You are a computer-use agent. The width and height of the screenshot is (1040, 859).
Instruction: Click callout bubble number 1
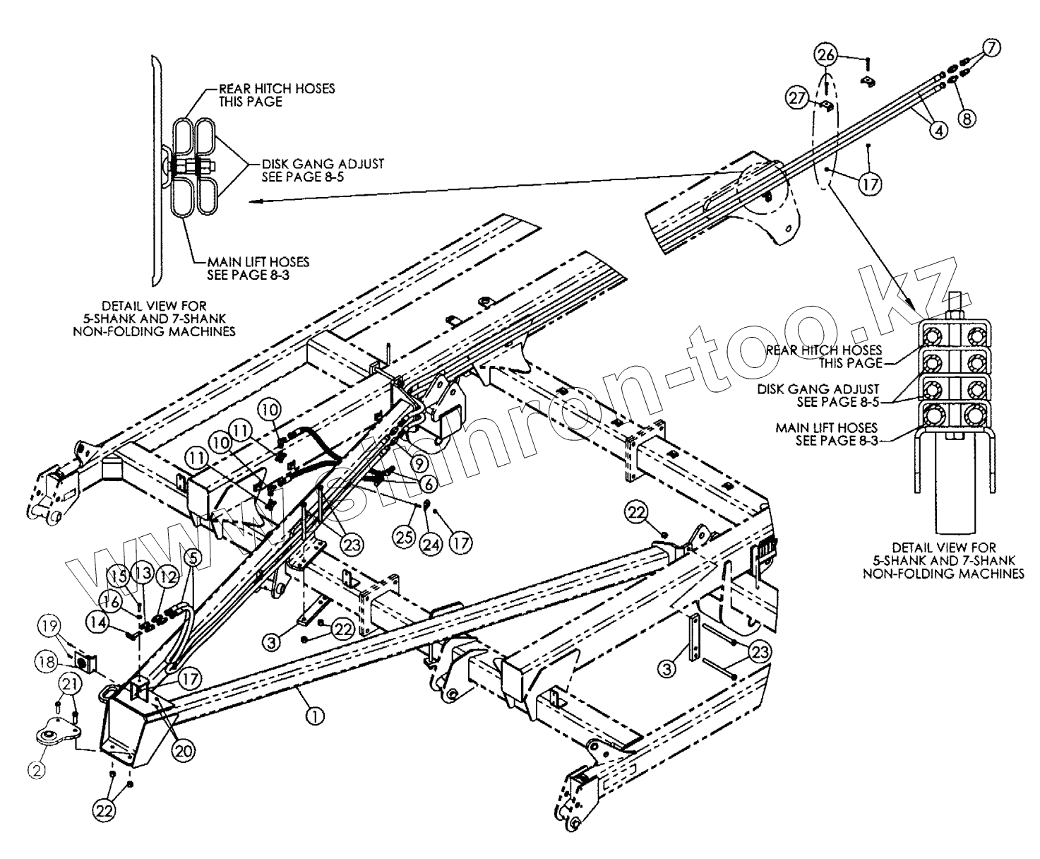tap(314, 716)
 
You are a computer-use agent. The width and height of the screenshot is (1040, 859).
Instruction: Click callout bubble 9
tap(419, 464)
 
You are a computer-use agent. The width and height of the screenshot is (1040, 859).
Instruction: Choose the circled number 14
tap(97, 622)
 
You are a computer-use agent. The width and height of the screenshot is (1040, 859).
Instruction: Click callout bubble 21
tap(68, 682)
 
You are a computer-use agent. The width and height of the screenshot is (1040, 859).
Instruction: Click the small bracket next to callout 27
tap(825, 106)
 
